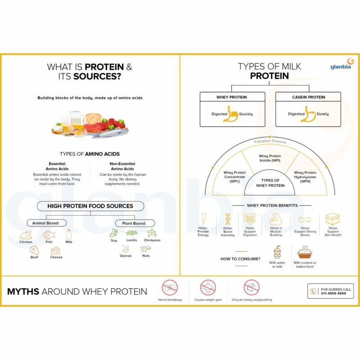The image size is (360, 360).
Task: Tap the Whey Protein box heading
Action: click(x=231, y=97)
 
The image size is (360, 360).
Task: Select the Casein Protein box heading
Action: click(x=308, y=97)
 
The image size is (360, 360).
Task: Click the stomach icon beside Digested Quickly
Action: click(x=231, y=113)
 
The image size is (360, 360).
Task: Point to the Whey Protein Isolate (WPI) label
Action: click(x=270, y=158)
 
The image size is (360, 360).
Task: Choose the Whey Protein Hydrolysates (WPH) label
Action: click(x=305, y=177)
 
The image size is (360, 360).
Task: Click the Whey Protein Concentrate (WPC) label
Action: click(x=234, y=177)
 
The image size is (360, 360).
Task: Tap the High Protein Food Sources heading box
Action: click(x=90, y=206)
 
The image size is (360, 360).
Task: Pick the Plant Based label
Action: click(x=135, y=223)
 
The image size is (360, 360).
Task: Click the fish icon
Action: click(x=49, y=235)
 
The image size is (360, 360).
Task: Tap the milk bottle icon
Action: click(x=69, y=234)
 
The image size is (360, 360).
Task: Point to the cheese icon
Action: click(x=55, y=251)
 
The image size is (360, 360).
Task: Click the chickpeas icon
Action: click(x=152, y=233)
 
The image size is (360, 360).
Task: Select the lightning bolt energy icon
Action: click(x=203, y=219)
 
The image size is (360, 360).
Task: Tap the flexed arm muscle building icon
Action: click(x=275, y=219)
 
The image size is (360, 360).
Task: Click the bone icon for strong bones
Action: click(x=305, y=220)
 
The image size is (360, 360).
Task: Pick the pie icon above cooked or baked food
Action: click(x=305, y=252)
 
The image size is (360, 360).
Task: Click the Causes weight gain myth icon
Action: click(x=208, y=288)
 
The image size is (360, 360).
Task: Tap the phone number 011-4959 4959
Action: click(x=333, y=293)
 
